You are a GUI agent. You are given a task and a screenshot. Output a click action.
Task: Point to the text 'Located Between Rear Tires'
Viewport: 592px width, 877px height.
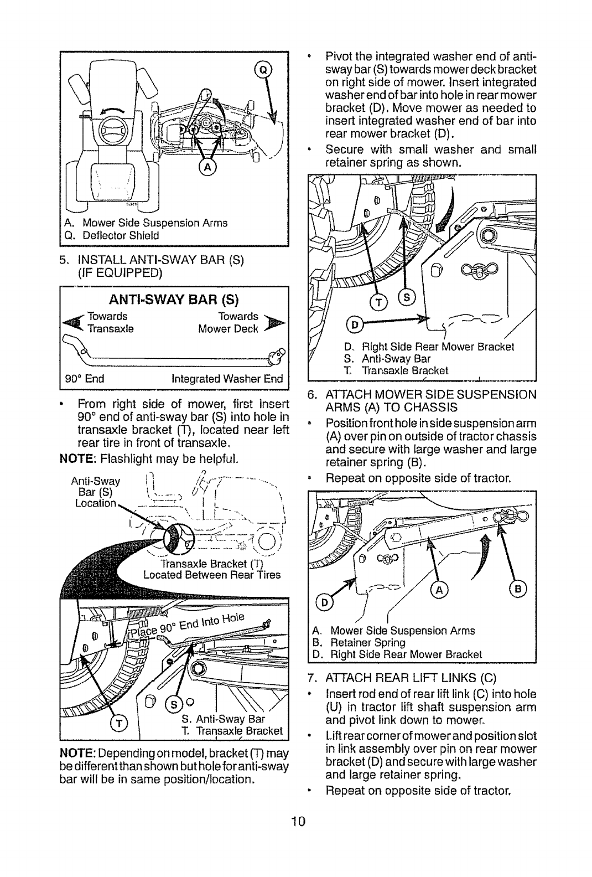pyautogui.click(x=212, y=575)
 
